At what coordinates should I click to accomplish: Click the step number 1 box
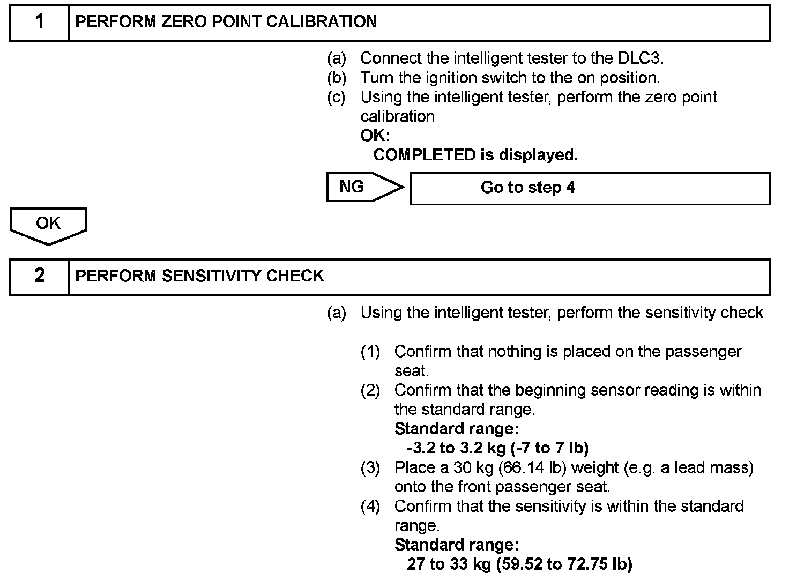40,22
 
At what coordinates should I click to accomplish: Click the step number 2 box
40,276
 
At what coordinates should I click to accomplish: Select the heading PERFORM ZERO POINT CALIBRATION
226,22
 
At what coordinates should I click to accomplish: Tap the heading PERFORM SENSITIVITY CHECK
199,276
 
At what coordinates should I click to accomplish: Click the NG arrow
364,187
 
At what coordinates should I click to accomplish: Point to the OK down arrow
48,225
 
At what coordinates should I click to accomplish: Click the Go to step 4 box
590,188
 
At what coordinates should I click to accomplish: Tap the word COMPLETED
424,155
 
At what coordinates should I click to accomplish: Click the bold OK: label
375,136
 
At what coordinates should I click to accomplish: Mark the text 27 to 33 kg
449,564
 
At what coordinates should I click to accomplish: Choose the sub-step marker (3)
370,468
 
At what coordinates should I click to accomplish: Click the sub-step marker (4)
370,507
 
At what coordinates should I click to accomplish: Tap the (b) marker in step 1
337,78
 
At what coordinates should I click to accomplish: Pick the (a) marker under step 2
337,313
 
